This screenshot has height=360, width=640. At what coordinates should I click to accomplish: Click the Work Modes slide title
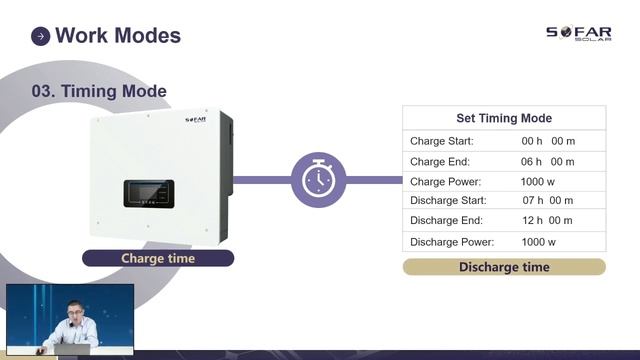(x=118, y=36)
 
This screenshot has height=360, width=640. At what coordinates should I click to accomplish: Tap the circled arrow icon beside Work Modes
(x=41, y=37)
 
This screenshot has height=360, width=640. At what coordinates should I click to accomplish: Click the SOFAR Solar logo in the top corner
(x=579, y=35)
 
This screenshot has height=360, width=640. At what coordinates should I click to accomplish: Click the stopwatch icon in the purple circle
(x=318, y=180)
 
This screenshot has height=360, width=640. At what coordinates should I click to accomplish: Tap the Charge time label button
(x=158, y=258)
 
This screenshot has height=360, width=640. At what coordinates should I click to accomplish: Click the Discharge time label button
(x=504, y=267)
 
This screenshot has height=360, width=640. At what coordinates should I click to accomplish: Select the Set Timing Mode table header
(x=504, y=118)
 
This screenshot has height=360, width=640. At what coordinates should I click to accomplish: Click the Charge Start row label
(x=442, y=141)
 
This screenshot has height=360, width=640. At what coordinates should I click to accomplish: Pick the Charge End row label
(x=440, y=161)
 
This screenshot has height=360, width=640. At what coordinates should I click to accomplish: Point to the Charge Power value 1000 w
(x=538, y=182)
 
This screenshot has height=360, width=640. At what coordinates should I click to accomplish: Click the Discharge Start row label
(x=449, y=201)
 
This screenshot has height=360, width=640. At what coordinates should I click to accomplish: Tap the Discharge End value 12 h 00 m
(x=548, y=221)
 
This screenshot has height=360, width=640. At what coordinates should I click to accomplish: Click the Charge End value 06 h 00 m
(x=548, y=161)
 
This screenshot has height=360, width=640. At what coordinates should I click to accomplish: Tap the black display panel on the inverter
(x=149, y=193)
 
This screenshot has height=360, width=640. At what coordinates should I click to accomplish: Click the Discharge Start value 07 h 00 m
(x=548, y=201)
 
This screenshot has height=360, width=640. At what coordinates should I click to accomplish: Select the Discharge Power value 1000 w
(x=538, y=242)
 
